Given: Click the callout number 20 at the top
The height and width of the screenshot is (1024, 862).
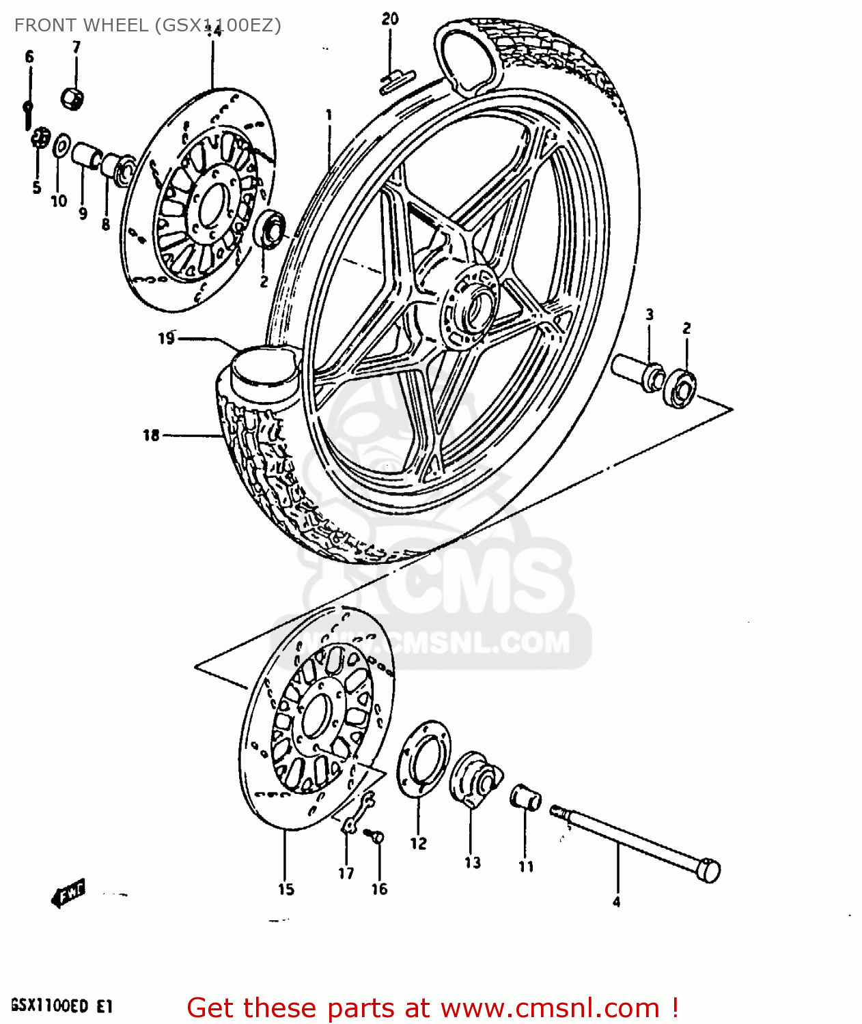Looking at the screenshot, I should pos(390,19).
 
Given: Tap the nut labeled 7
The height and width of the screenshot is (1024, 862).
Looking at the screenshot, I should pos(72,98).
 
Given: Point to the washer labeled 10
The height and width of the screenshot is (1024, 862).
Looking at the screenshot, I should pos(61,146).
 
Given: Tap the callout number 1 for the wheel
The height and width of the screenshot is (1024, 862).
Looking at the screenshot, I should pos(329,115).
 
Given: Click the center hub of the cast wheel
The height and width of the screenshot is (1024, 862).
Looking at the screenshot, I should pos(471,307).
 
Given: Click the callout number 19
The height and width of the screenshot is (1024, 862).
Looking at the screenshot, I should pos(167,338).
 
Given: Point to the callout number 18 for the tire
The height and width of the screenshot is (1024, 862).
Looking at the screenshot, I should pos(151,435).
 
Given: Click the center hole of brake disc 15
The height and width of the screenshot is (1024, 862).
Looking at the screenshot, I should pos(316,715).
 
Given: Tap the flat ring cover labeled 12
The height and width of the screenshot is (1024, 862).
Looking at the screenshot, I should pos(424,758).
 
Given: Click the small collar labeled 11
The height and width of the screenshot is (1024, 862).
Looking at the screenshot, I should pos(525,797).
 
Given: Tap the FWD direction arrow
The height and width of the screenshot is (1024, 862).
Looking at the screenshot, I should pos(68,893).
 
